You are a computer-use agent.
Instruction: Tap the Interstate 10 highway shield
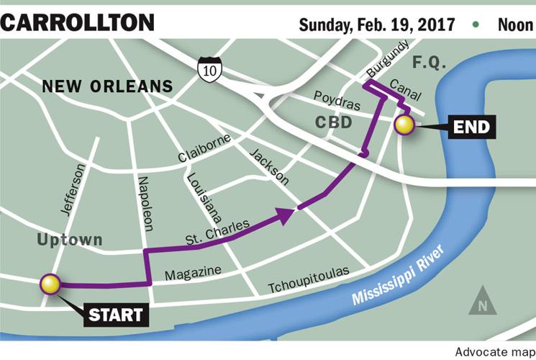(x=210, y=68)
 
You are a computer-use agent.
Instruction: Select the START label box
(x=117, y=315)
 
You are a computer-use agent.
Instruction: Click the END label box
(x=471, y=127)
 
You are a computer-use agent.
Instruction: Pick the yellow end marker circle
(x=404, y=126)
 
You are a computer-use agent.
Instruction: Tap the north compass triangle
(x=483, y=302)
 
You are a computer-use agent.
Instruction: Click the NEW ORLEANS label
(x=107, y=87)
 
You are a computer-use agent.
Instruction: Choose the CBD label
(x=334, y=122)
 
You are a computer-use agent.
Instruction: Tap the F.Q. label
(x=430, y=63)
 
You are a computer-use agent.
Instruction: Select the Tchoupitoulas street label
(x=308, y=276)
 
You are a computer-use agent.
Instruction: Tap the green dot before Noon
(x=475, y=24)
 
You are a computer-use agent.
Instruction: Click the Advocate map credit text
(x=494, y=352)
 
